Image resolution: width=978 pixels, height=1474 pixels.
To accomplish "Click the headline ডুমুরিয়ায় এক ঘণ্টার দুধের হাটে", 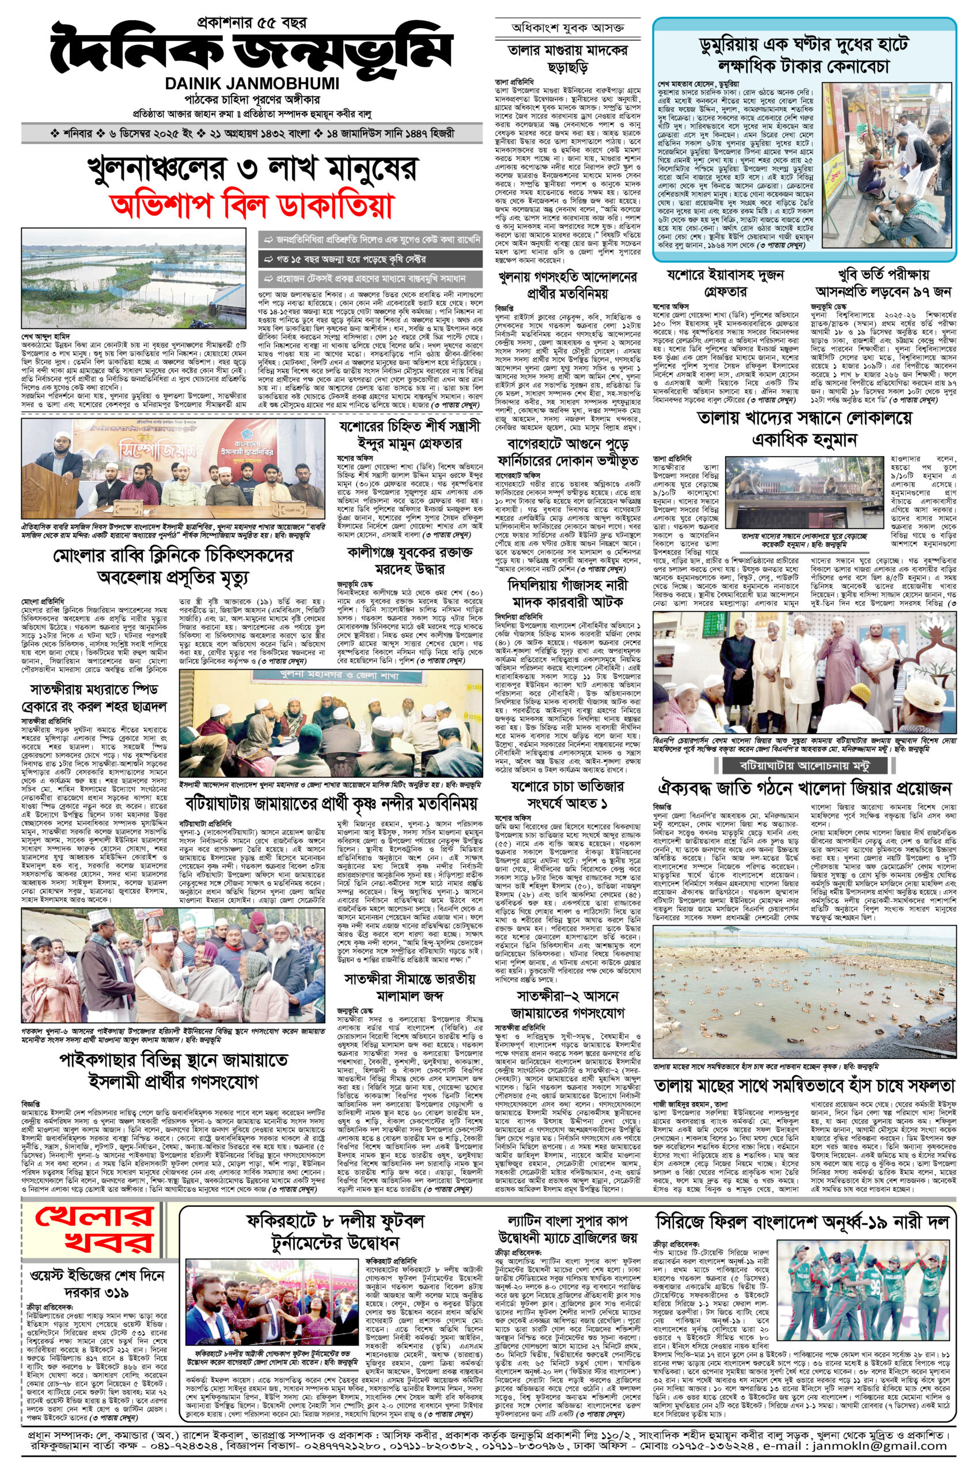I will tap(804, 45).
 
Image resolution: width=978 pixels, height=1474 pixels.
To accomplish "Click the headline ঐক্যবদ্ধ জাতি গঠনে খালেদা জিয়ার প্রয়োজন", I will tap(804, 788).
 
